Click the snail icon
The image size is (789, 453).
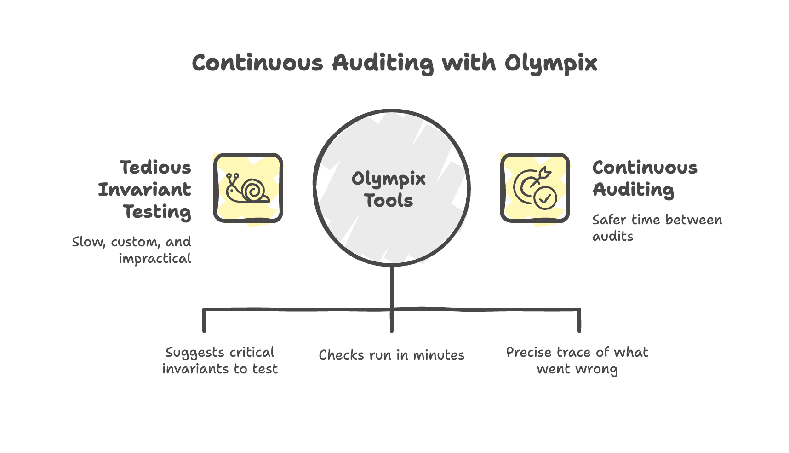[x=248, y=188]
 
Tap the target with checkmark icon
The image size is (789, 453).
[x=535, y=188]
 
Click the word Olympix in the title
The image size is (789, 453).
[x=550, y=63]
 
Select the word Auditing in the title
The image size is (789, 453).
[x=383, y=63]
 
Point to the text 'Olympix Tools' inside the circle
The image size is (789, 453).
[x=389, y=189]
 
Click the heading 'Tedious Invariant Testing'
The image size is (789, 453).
[x=145, y=189]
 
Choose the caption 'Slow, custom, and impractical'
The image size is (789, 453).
[x=131, y=250]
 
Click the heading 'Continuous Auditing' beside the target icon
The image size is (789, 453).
[x=645, y=178]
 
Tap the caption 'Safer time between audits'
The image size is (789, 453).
[x=657, y=228]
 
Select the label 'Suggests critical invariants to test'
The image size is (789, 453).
[x=220, y=360]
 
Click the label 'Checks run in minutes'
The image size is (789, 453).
[x=391, y=355]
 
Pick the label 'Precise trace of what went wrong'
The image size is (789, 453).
[x=577, y=360]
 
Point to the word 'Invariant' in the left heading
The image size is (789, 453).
[x=145, y=189]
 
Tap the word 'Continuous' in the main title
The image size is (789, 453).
[x=257, y=63]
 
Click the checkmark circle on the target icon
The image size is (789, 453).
[x=545, y=198]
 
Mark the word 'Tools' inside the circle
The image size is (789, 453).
[x=389, y=200]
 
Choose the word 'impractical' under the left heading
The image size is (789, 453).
[x=155, y=259]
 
